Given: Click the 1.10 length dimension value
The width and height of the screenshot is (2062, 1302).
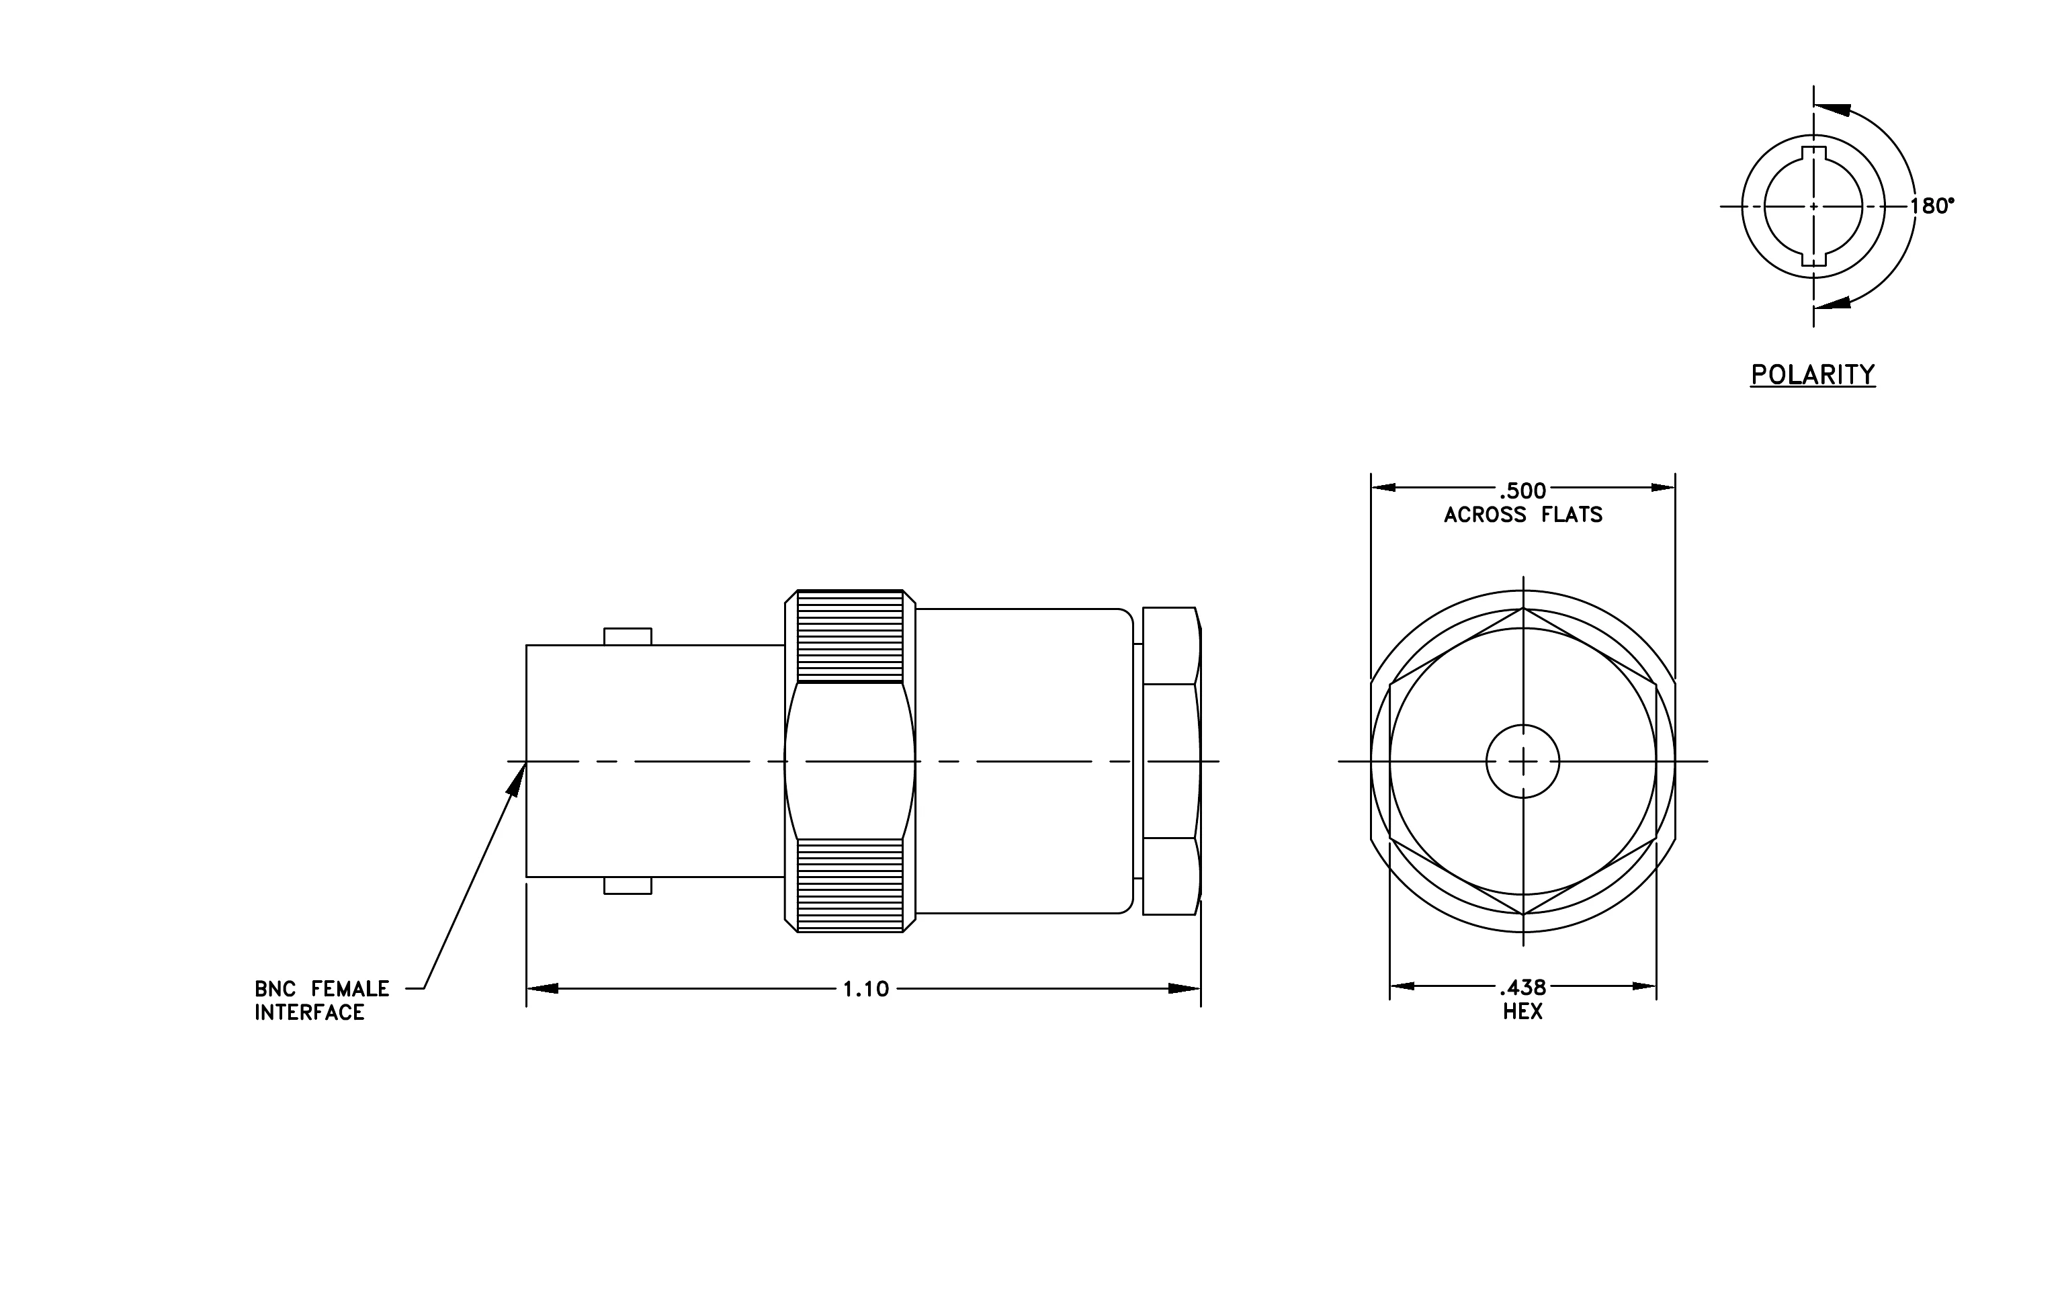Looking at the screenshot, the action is pyautogui.click(x=866, y=990).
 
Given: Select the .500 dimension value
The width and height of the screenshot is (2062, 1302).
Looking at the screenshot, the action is pyautogui.click(x=1522, y=491).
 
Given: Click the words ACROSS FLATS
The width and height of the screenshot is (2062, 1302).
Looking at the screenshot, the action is pyautogui.click(x=1522, y=515).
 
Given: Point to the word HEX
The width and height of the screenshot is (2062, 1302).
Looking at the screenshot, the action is pyautogui.click(x=1522, y=1012).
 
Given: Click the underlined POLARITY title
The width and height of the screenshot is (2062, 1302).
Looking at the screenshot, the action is pyautogui.click(x=1813, y=375).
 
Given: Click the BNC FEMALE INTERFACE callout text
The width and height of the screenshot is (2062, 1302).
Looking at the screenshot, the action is pyautogui.click(x=322, y=1000).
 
